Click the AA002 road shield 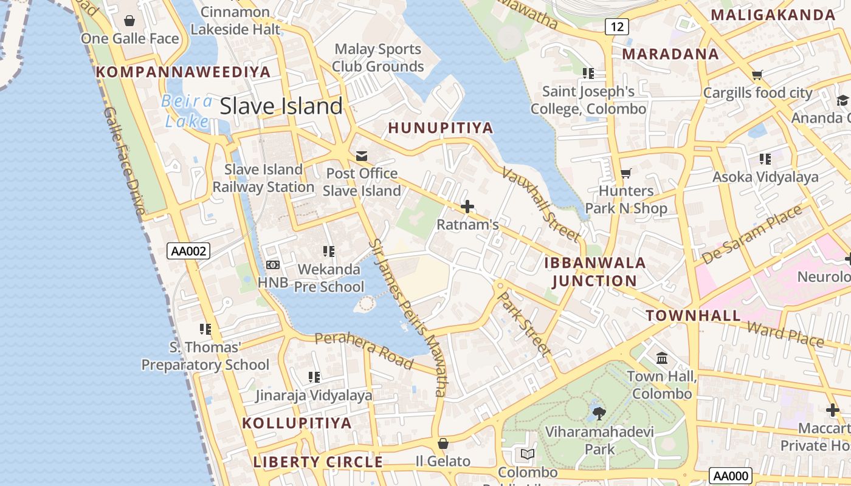click(x=188, y=251)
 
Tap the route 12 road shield click(x=617, y=27)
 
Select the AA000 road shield click(x=731, y=476)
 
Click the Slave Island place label click(x=281, y=106)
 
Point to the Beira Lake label click(x=187, y=111)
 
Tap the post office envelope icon click(x=362, y=156)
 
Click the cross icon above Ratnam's click(x=467, y=207)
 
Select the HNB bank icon click(x=273, y=265)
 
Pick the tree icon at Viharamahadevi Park click(x=599, y=414)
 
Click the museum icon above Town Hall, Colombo click(x=662, y=358)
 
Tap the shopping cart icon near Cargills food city click(x=757, y=75)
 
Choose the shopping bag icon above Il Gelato click(x=443, y=444)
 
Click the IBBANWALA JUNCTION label click(x=594, y=272)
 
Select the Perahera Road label click(x=364, y=350)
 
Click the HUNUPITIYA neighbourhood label click(x=441, y=128)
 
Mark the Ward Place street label click(x=785, y=335)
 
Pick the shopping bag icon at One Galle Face click(x=129, y=21)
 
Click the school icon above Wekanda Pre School click(x=329, y=251)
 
